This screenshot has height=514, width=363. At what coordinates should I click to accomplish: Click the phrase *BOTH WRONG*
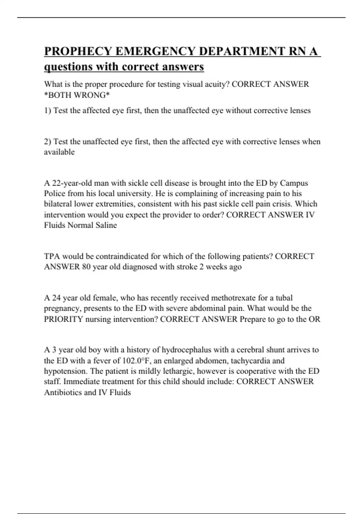77,95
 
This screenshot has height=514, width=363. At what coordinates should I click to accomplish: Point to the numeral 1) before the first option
48,111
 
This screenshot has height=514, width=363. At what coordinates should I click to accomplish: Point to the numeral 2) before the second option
48,142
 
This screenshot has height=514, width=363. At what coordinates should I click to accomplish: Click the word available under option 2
59,152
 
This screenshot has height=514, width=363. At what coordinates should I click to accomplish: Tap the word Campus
294,183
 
